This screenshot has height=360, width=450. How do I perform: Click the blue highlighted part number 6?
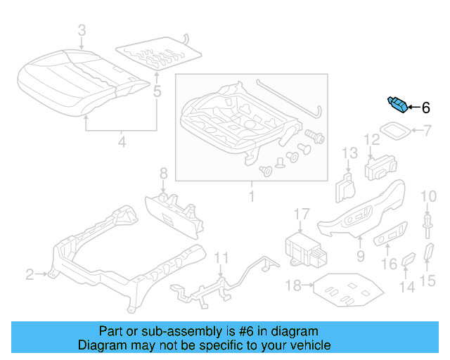click(397, 105)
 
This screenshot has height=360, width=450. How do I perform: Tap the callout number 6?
click(425, 108)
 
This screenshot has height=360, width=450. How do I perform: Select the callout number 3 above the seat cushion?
click(82, 30)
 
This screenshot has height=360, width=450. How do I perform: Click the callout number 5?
click(157, 91)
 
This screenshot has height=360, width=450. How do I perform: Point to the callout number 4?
click(121, 143)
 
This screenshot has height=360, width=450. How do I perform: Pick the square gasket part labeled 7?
click(396, 131)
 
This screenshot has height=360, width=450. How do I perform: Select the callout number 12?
click(371, 141)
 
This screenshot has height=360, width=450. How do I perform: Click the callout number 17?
click(301, 214)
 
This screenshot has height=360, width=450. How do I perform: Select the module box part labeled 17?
click(302, 247)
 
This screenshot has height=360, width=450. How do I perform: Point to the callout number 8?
click(163, 174)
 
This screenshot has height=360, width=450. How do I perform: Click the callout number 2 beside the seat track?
click(30, 274)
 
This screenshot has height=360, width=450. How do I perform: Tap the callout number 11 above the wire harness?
click(221, 257)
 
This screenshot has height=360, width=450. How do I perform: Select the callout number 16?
click(389, 264)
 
